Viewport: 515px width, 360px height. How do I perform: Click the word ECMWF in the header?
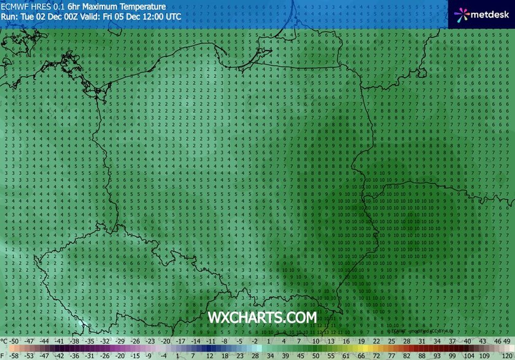point(15,7)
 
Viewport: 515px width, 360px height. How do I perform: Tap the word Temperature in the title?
point(142,7)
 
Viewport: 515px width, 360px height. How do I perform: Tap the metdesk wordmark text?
point(489,13)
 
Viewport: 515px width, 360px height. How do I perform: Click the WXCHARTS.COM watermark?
point(262,318)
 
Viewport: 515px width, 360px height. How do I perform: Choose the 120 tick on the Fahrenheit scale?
point(506,355)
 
